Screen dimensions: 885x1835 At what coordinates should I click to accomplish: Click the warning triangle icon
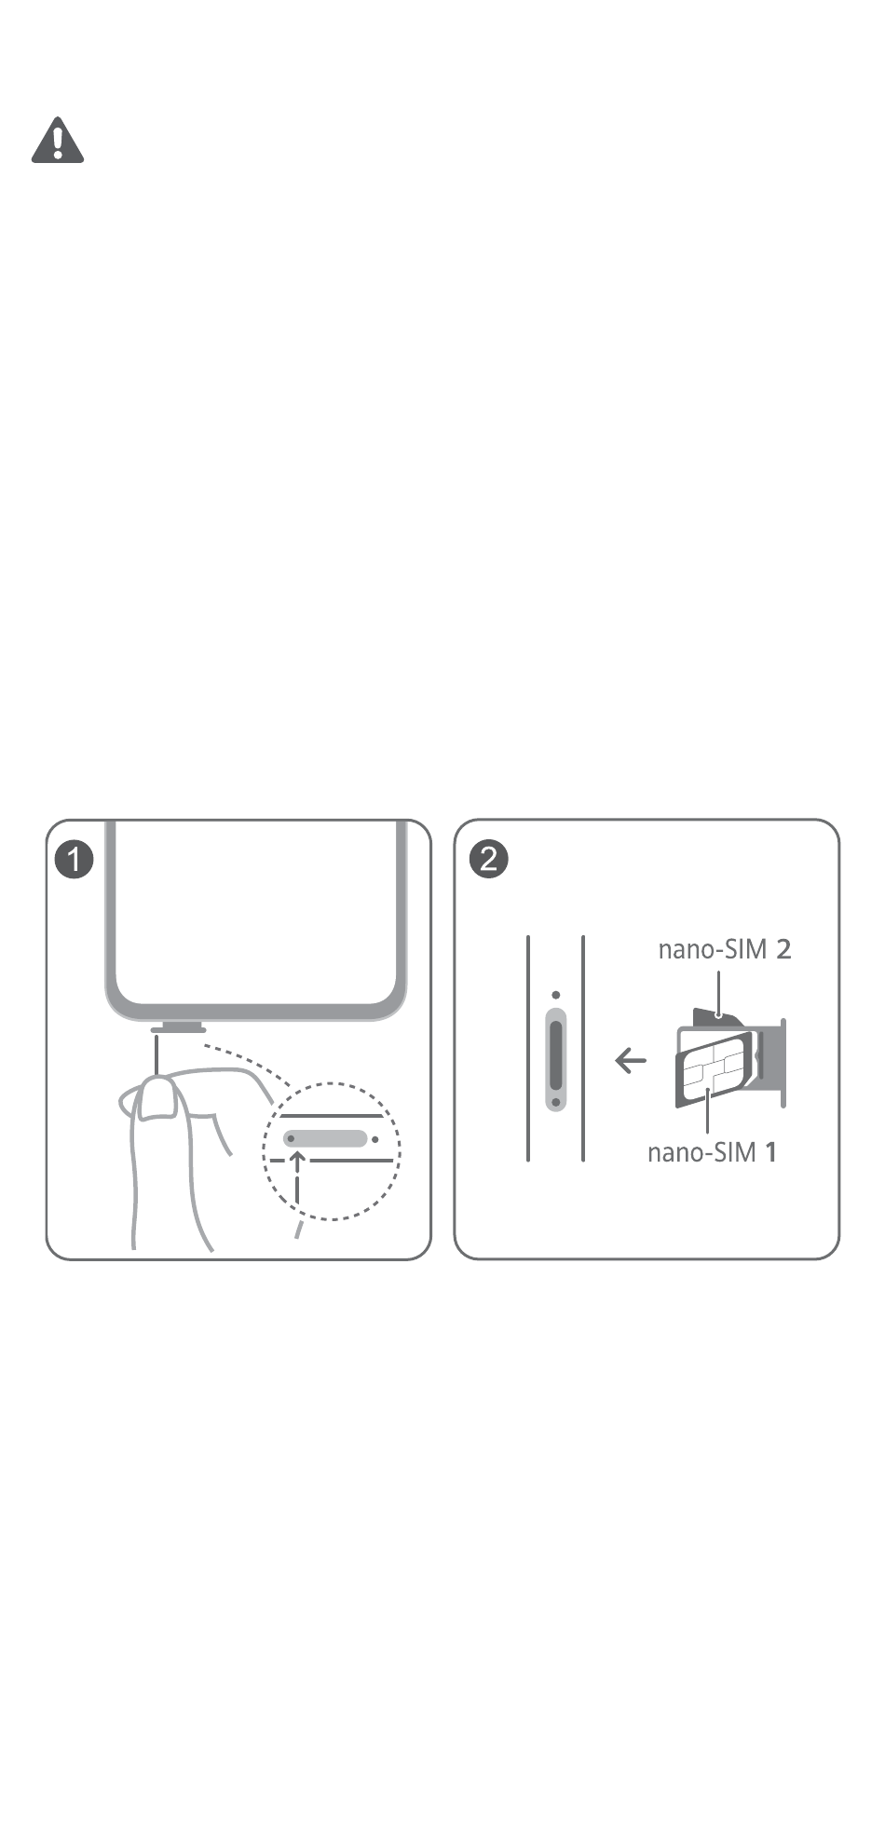click(x=58, y=141)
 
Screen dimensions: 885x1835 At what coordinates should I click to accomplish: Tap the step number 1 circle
click(x=75, y=859)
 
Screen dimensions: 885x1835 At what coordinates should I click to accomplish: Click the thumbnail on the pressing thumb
click(x=159, y=1099)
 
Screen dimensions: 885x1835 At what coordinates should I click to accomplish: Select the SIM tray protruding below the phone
click(x=177, y=1028)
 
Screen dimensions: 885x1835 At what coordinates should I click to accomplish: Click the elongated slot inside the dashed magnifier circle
click(x=325, y=1138)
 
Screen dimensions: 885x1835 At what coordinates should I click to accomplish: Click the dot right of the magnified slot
click(x=374, y=1138)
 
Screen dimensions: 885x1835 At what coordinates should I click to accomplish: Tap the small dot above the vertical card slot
click(x=555, y=995)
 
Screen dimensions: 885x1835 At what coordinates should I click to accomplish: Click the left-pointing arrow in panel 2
click(x=631, y=1059)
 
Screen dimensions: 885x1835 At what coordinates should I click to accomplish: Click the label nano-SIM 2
click(x=724, y=949)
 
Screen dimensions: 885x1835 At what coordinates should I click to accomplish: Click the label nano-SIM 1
click(x=712, y=1152)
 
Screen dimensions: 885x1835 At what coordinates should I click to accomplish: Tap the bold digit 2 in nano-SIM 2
click(x=783, y=949)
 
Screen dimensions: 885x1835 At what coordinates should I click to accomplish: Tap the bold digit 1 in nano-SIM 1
click(x=770, y=1152)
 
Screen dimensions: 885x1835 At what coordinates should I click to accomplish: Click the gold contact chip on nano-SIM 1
click(x=713, y=1069)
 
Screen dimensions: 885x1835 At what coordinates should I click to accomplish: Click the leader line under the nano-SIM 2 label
click(x=718, y=992)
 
